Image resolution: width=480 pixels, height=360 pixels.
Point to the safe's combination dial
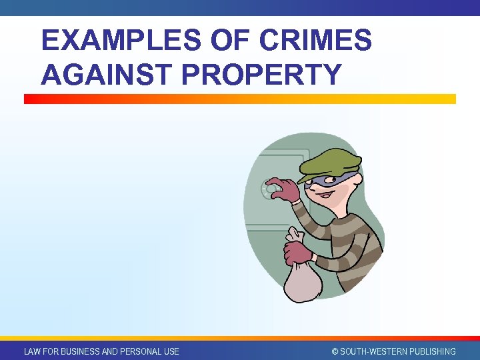[x=271, y=190]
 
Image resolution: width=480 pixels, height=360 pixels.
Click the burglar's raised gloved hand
[x=283, y=189]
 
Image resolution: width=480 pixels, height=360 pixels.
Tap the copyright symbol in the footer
[x=335, y=351]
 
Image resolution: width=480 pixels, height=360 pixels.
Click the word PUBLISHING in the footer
[x=431, y=351]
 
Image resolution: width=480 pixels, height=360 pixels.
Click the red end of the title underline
[x=30, y=99]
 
